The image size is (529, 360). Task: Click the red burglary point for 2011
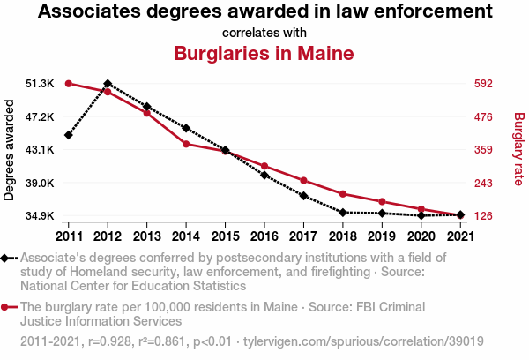68,84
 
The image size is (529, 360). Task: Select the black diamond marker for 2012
108,83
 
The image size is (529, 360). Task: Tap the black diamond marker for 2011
68,135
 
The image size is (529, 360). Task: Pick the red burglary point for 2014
186,144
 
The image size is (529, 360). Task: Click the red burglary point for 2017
303,181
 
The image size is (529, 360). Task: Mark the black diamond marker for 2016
264,176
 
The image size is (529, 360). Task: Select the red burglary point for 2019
382,202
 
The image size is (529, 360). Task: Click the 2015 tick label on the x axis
225,236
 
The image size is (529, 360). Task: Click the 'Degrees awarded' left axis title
10,150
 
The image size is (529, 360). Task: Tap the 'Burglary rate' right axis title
518,150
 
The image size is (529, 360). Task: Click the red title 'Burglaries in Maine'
264,53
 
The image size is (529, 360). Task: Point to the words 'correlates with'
264,33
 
